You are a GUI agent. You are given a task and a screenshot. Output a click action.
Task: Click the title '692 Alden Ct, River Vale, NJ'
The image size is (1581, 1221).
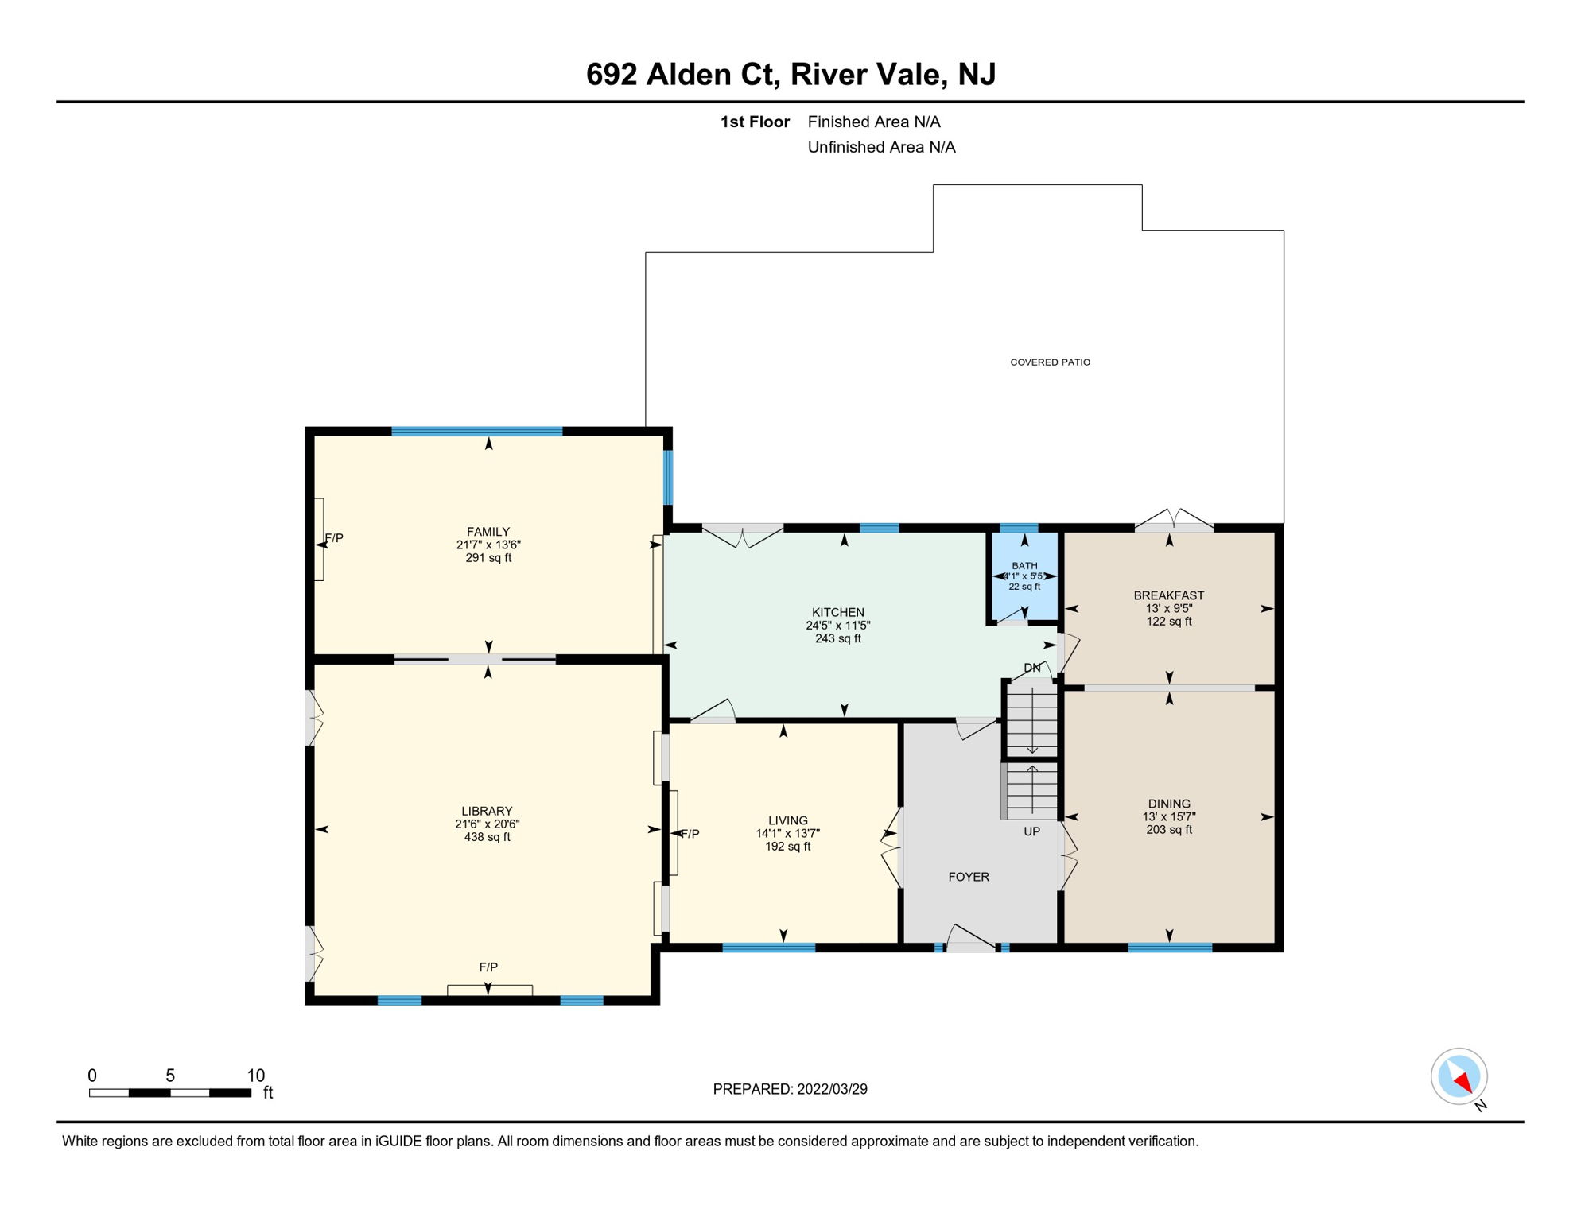790,75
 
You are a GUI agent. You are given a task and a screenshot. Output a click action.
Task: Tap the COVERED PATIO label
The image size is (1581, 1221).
1050,362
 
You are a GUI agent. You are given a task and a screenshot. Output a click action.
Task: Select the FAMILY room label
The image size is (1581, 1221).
488,532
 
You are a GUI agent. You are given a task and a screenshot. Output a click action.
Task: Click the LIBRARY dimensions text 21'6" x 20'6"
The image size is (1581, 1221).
487,824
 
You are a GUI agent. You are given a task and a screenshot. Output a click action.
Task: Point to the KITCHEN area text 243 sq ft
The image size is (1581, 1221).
838,638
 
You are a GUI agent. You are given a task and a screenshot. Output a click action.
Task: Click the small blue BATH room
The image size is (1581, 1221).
1024,576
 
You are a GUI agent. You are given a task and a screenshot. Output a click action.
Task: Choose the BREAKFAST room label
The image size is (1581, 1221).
1169,595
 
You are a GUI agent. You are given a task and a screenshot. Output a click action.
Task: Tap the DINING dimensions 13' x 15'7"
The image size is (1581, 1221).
1169,816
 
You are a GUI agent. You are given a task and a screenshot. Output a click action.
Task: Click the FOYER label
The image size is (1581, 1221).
969,877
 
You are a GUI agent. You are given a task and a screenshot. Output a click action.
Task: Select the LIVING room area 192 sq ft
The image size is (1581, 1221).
788,847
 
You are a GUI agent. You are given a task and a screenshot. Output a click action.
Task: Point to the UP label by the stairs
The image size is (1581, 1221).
1031,831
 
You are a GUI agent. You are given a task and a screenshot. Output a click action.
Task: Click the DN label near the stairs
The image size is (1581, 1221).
1032,668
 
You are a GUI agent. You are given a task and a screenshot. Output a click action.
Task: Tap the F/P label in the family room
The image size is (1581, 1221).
335,538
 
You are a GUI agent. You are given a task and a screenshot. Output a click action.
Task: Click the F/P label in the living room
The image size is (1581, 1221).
690,834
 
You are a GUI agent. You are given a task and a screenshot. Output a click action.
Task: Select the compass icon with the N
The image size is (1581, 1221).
1459,1078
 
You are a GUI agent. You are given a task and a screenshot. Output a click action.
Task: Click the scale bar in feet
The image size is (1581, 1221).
170,1093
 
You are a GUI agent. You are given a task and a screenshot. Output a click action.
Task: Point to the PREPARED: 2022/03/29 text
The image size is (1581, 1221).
790,1089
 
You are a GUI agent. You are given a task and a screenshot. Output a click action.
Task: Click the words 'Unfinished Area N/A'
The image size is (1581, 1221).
881,147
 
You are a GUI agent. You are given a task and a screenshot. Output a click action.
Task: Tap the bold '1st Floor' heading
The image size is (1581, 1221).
755,122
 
